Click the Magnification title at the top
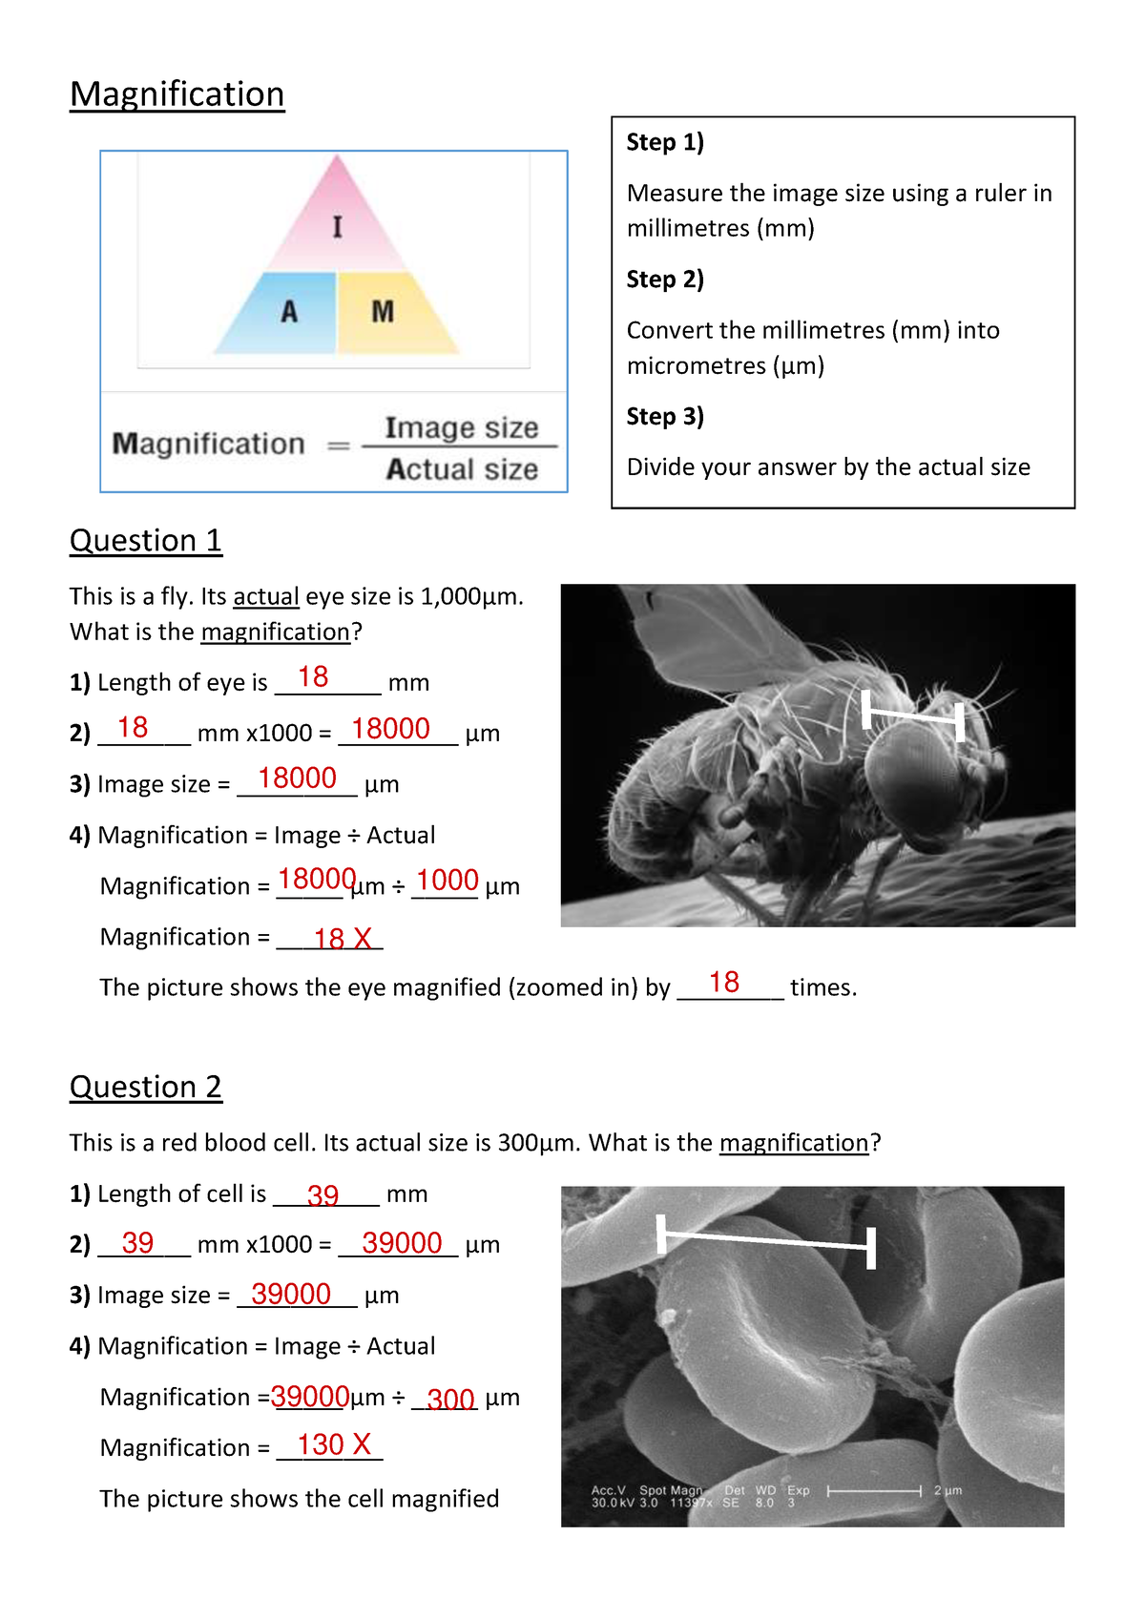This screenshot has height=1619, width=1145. point(177,94)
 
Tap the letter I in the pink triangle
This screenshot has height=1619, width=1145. point(337,227)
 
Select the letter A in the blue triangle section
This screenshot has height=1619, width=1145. point(289,312)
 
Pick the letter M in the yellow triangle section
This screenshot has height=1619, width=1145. point(383,312)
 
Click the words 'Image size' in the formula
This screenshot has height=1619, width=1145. point(462,427)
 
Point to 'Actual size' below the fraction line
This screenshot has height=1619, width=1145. point(462,469)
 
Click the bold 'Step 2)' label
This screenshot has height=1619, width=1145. point(665,280)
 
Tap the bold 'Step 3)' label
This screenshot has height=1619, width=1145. point(665,417)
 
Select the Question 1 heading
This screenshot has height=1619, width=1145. point(145,541)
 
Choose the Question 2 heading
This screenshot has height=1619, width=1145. point(145,1088)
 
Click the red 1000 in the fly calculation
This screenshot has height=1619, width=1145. point(447,880)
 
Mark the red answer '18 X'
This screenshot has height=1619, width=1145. point(343,939)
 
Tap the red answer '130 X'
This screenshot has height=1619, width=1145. point(334,1444)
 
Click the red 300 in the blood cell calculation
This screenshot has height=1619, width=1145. point(450,1400)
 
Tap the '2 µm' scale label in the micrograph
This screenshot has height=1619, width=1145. point(947,1490)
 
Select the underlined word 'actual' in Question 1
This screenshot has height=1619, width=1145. point(266,597)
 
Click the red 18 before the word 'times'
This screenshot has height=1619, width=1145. point(724,983)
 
